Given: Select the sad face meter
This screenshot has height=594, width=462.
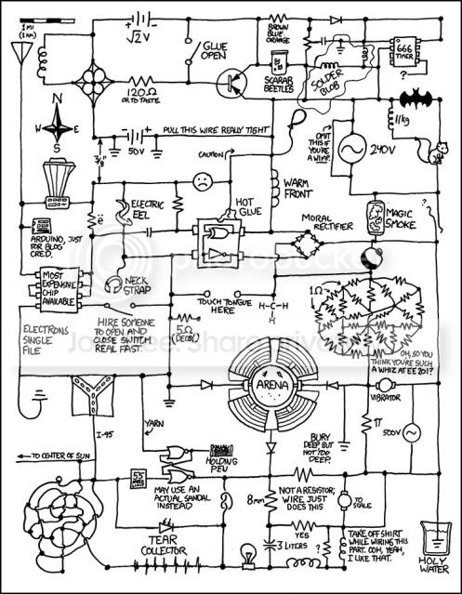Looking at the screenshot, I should click(201, 181).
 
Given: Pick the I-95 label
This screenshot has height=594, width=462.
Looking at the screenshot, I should click(105, 433).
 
